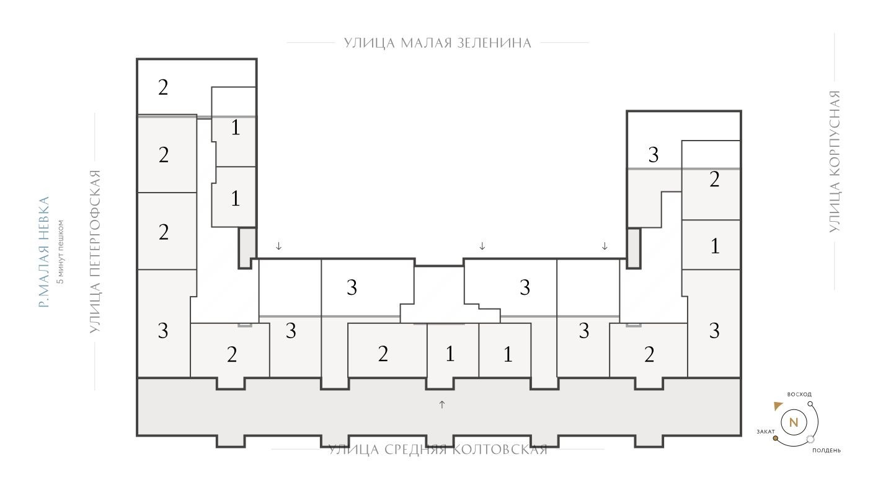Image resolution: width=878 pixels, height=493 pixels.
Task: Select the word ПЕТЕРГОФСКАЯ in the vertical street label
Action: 95,251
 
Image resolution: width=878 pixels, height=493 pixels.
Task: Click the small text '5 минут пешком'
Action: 60,251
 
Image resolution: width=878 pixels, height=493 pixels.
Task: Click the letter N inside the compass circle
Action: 793,424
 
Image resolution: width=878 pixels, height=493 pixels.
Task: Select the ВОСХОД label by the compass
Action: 799,395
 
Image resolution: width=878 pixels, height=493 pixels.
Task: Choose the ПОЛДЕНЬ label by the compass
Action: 827,451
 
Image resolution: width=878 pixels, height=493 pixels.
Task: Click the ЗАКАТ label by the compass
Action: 765,431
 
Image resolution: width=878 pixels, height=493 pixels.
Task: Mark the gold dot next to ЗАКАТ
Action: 775,438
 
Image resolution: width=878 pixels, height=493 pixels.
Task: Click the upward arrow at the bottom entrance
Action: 442,404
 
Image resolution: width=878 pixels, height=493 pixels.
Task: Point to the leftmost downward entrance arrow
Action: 279,246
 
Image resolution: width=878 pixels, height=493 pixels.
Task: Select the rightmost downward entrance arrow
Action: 605,246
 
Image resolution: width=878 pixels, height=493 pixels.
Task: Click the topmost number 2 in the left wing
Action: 163,87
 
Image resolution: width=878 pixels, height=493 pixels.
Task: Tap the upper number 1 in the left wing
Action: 235,128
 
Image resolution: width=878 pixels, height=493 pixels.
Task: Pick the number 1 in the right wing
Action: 715,246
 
